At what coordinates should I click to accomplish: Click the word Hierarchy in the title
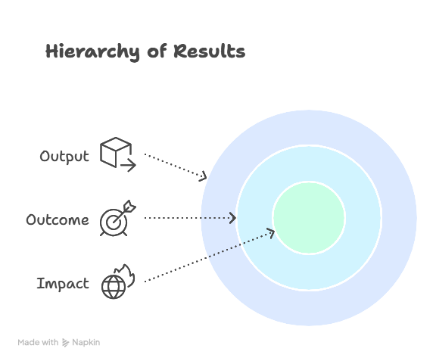point(92,52)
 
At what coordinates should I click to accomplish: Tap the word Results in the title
point(210,51)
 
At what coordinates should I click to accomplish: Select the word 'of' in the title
point(157,51)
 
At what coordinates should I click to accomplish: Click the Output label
point(64,157)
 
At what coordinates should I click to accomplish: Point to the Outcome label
point(58,220)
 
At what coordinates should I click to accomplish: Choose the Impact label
point(63,284)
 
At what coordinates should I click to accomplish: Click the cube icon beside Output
point(116,152)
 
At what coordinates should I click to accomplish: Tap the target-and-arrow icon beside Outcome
point(118,218)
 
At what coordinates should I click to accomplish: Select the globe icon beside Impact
point(114,287)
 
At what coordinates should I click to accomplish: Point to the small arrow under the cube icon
point(128,165)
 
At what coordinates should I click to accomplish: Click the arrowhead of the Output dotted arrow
point(204,176)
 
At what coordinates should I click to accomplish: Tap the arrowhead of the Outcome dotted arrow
point(233,218)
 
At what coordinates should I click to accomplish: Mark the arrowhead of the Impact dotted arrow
point(271,233)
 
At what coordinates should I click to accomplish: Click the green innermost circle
point(309,218)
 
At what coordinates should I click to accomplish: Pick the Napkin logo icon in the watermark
point(65,343)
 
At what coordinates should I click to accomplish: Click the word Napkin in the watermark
point(86,343)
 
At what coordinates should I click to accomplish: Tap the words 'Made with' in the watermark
point(38,342)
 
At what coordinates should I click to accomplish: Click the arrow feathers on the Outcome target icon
point(129,206)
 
